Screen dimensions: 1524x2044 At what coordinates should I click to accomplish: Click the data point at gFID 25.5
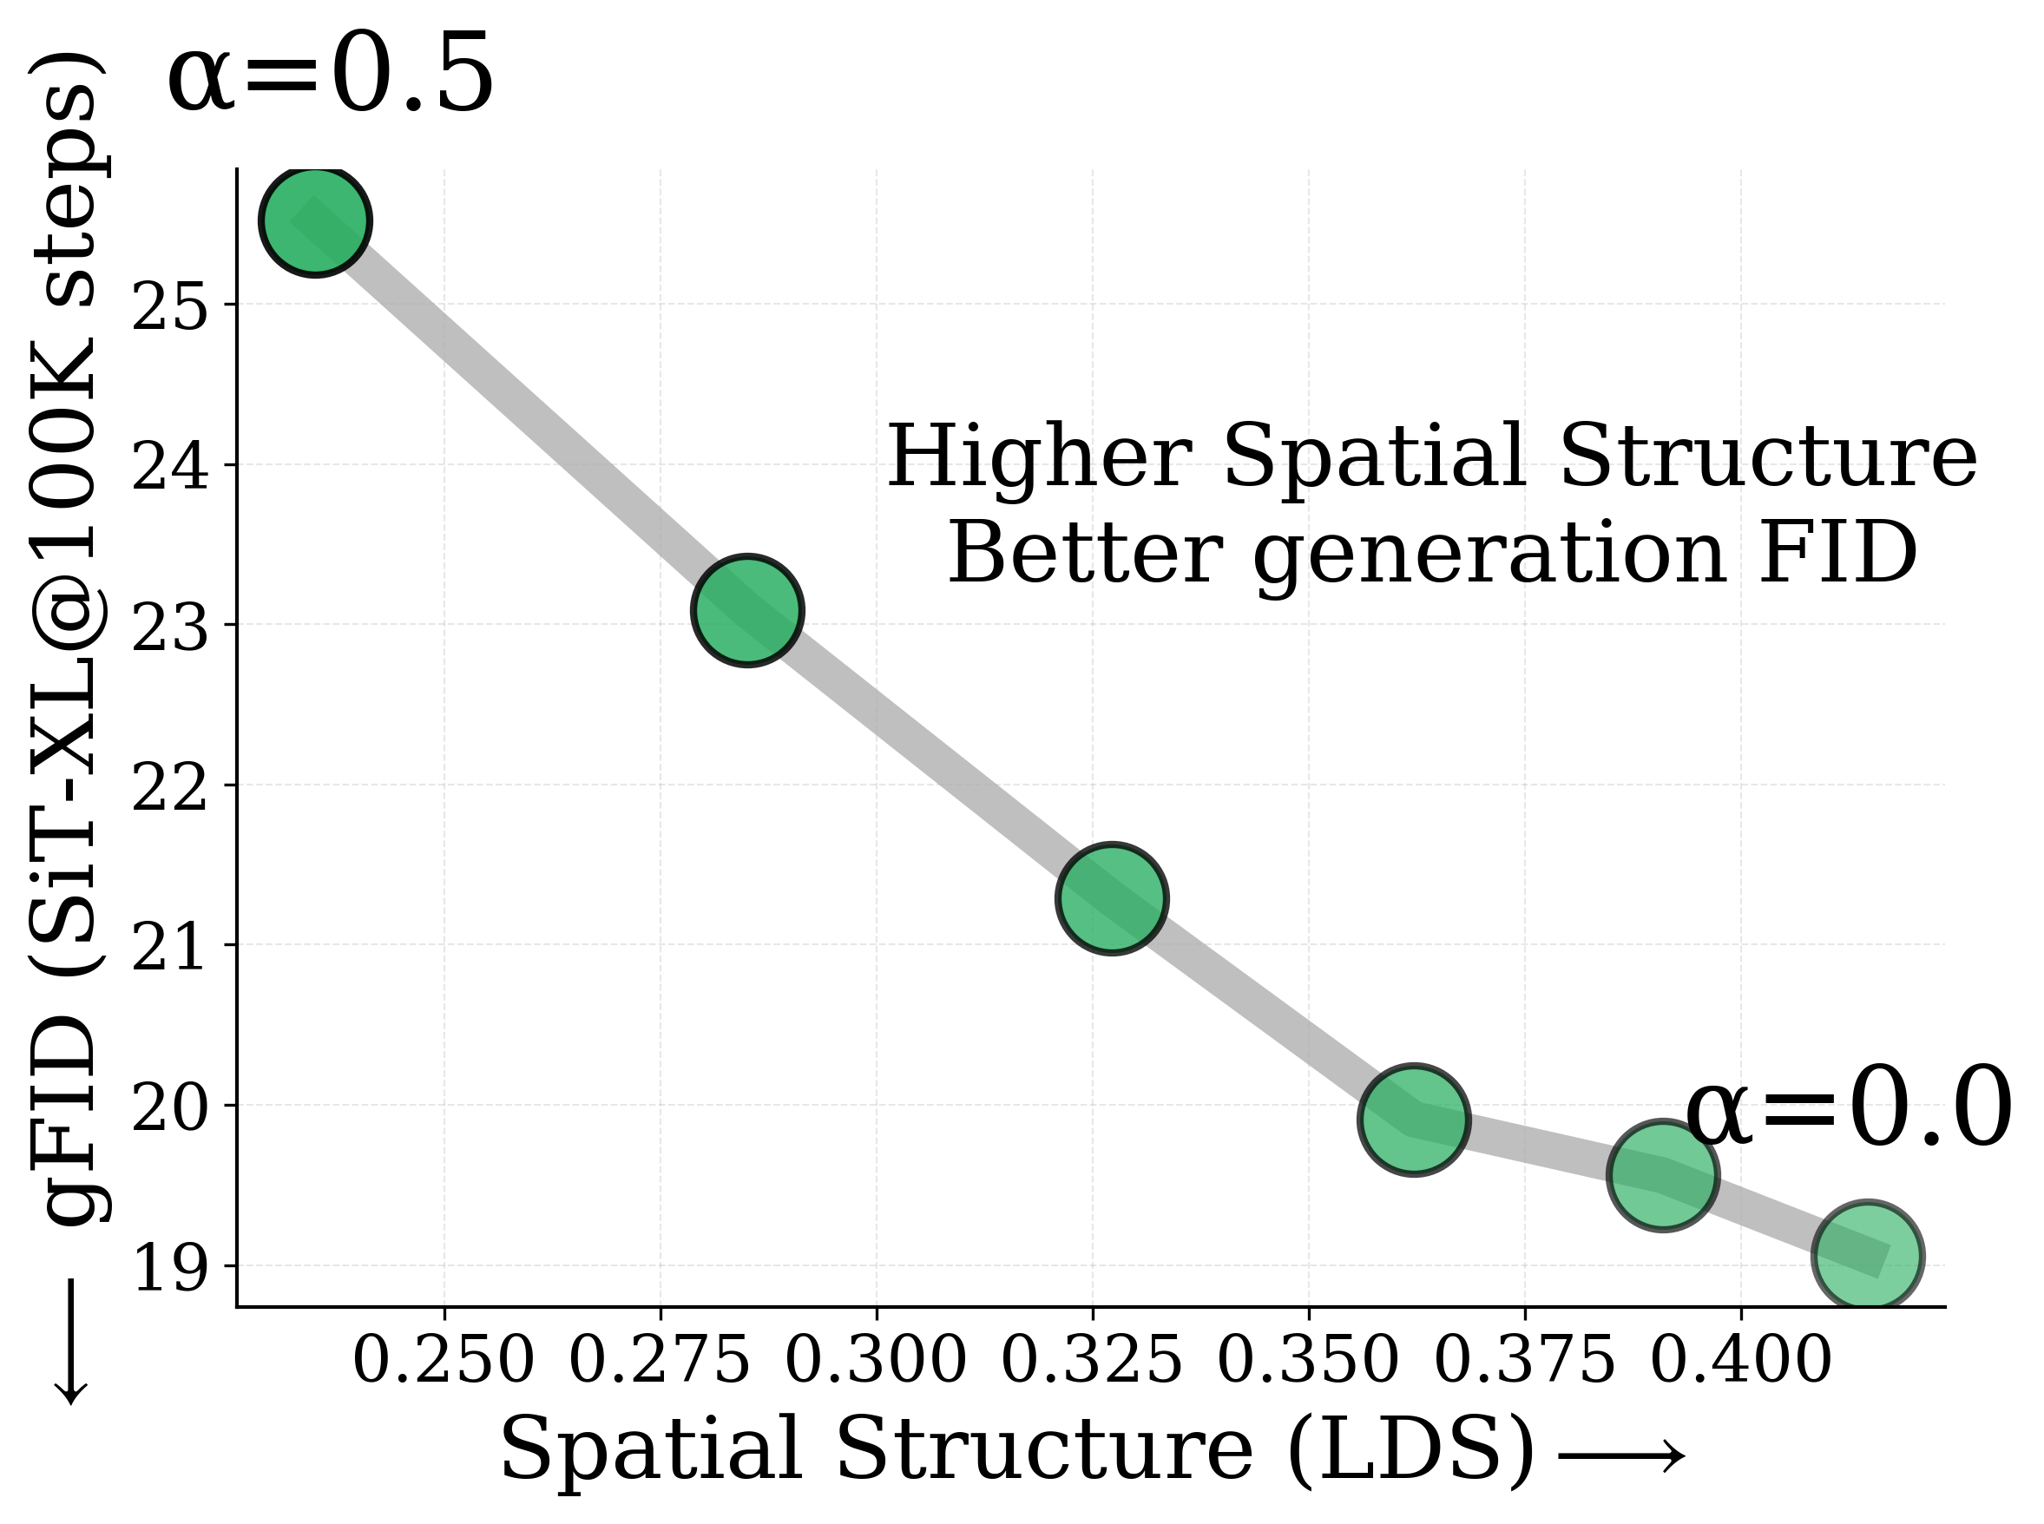tap(315, 221)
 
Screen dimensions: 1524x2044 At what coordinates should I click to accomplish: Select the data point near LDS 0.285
tap(747, 610)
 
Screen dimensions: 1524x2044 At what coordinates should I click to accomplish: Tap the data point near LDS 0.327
tap(1112, 897)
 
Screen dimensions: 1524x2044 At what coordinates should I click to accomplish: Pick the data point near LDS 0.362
tap(1413, 1120)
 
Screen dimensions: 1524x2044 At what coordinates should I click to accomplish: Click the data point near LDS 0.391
tap(1661, 1175)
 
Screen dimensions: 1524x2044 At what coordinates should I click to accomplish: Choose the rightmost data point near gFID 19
tap(1867, 1256)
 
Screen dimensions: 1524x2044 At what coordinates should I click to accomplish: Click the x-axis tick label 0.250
tap(444, 1360)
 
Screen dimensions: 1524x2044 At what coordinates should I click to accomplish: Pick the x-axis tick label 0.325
tap(1091, 1360)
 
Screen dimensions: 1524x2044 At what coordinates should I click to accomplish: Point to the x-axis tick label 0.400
tap(1739, 1360)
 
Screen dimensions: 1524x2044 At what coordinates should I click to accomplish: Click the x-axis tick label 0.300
tap(876, 1360)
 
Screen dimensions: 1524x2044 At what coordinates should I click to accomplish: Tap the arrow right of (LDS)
tap(1620, 1456)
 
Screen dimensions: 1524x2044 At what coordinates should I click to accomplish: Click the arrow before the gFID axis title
tap(70, 1343)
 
